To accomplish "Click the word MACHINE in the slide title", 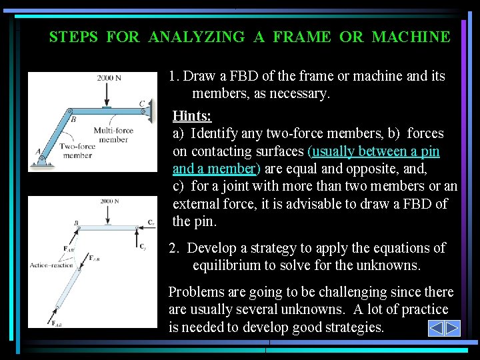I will pyautogui.click(x=411, y=37).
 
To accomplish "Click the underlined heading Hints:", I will pyautogui.click(x=192, y=117).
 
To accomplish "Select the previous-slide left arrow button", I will pyautogui.click(x=435, y=328).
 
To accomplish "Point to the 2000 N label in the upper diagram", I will pyautogui.click(x=109, y=78).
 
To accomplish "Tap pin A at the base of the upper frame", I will pyautogui.click(x=42, y=159).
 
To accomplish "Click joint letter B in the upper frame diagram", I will pyautogui.click(x=73, y=119).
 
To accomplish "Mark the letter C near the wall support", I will pyautogui.click(x=142, y=103).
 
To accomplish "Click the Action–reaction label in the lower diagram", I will pyautogui.click(x=52, y=265).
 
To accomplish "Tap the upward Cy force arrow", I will pyautogui.click(x=137, y=237).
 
